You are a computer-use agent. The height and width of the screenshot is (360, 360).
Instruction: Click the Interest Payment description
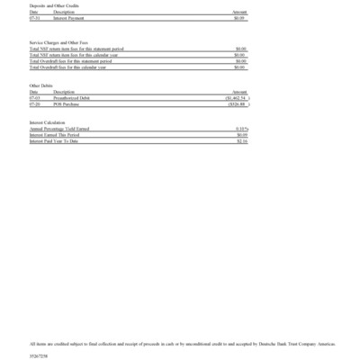click(68, 17)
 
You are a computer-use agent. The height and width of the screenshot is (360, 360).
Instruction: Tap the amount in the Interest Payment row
click(238, 17)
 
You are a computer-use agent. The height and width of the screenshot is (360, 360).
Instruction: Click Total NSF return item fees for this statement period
click(79, 49)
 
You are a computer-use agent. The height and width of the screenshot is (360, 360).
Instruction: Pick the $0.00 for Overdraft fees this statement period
click(239, 61)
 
